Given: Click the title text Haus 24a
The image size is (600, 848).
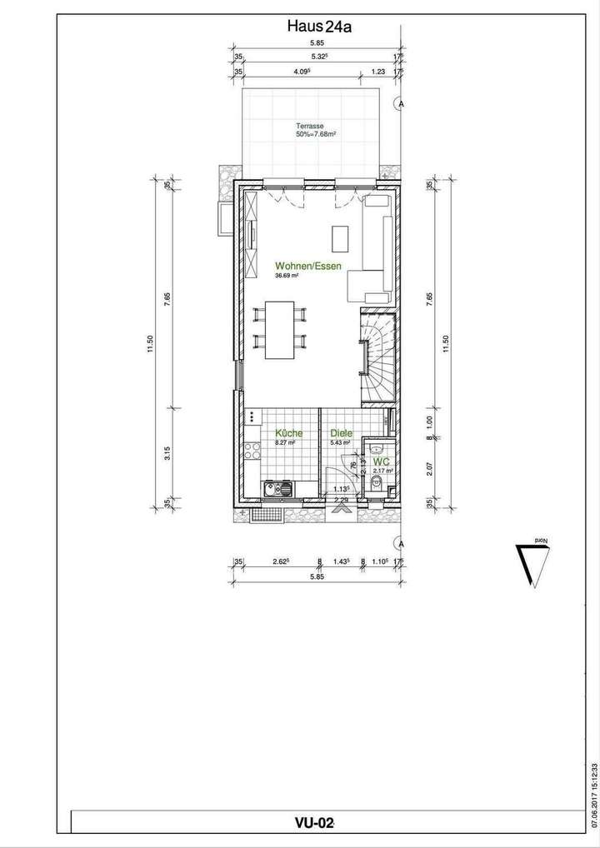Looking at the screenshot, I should [319, 27].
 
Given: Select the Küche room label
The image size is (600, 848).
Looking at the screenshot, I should [288, 433].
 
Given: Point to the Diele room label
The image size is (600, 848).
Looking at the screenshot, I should [340, 433].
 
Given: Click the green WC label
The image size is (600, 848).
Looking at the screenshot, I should [382, 461].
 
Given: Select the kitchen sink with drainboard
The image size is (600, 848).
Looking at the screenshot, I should [277, 489].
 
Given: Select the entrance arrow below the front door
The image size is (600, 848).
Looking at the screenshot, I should [339, 503].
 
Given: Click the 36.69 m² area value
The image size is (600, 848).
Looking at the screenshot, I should [287, 277].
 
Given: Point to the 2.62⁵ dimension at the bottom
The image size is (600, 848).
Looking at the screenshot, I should [279, 562].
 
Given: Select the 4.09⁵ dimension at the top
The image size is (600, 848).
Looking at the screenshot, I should [302, 72].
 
